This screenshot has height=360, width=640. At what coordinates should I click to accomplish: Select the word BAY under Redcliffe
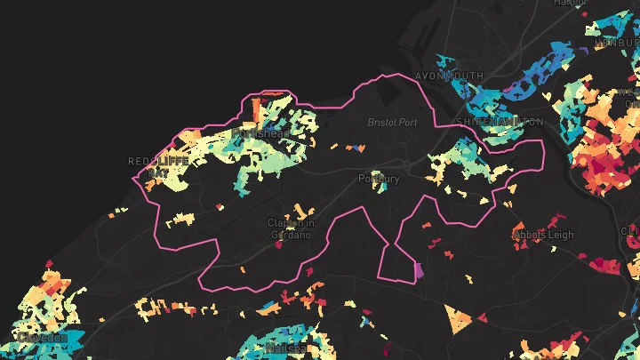pos(157,172)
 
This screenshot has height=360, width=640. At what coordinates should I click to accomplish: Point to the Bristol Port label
pos(391,121)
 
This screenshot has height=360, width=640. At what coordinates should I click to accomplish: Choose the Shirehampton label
pos(500,121)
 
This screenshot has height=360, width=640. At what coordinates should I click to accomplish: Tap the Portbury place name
pos(378,179)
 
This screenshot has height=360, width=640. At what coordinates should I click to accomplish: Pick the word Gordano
pos(291,236)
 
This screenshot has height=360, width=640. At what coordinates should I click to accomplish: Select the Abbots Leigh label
pos(544,236)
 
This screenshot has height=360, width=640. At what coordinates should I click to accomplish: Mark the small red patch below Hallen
pos(583,14)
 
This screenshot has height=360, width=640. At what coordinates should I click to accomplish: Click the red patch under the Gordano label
pos(278,246)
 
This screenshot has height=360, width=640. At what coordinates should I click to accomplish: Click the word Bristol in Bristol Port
pos(381,121)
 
